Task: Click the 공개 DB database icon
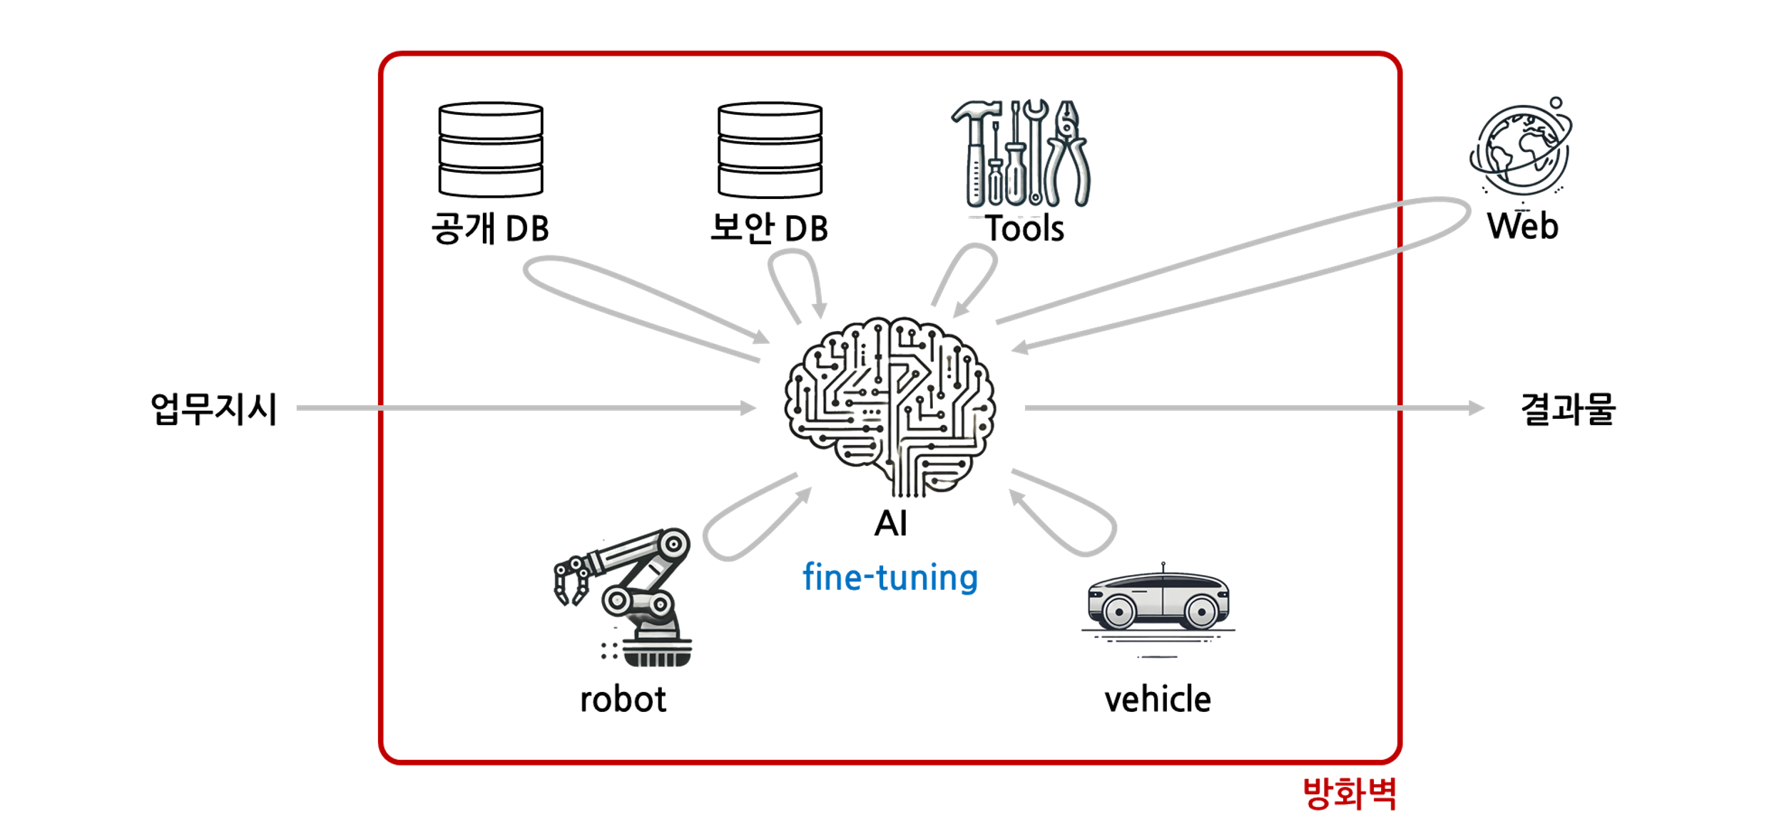pos(491,149)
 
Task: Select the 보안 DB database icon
pos(770,149)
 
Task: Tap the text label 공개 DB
pos(491,228)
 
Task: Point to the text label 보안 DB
pos(770,228)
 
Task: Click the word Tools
pos(1025,229)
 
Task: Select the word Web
pos(1522,226)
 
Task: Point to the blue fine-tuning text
pos(890,577)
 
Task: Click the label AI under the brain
pos(890,524)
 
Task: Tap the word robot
pos(623,699)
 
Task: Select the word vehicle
pos(1158,699)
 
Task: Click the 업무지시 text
pos(214,410)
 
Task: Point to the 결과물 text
pos(1568,410)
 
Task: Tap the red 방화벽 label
pos(1349,793)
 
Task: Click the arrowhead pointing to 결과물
pos(1475,408)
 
